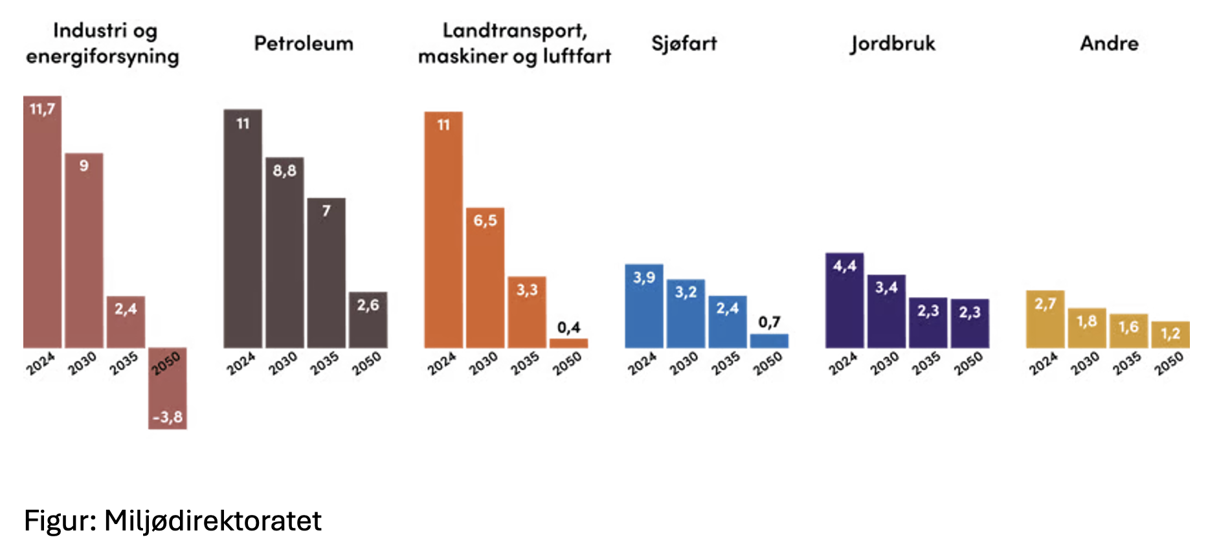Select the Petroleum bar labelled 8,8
click(284, 252)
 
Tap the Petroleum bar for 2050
click(368, 320)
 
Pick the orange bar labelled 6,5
click(485, 278)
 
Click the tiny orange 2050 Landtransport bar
click(568, 343)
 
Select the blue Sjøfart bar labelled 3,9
click(643, 306)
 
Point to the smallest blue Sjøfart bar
click(769, 341)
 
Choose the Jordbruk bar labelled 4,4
click(844, 301)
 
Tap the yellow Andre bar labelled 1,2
click(1170, 335)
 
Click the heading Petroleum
click(304, 43)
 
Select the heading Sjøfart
click(684, 43)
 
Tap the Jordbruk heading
click(893, 43)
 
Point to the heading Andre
click(1109, 43)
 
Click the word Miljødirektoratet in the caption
click(213, 521)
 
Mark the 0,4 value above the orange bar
click(569, 327)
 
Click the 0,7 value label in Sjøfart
click(769, 322)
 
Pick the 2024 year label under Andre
click(1044, 364)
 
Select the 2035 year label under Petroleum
click(324, 364)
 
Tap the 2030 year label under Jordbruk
click(884, 364)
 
